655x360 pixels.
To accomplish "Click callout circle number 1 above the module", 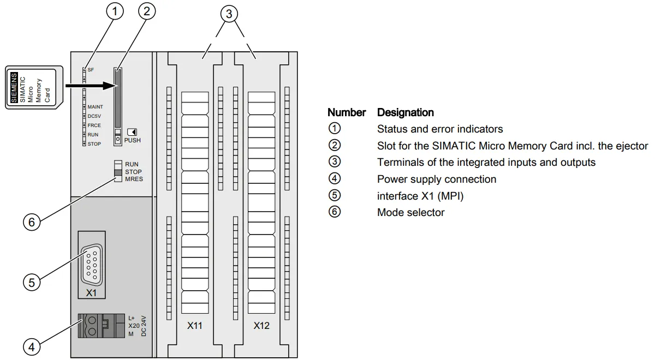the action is (x=115, y=11).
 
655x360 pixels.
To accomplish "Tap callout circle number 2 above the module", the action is (x=147, y=11).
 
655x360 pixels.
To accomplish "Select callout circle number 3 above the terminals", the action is (x=229, y=14).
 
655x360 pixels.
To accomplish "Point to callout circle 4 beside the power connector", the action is (x=32, y=347).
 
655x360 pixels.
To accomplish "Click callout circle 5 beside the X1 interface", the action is (x=32, y=283).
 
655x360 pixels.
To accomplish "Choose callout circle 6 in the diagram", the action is (x=32, y=223).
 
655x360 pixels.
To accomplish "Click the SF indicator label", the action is (x=91, y=70).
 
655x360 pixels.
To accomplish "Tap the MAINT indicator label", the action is (x=96, y=107).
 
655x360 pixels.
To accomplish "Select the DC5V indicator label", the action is (x=94, y=116).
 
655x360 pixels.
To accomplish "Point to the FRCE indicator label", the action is (x=94, y=125).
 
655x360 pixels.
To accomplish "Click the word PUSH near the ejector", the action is (x=133, y=140).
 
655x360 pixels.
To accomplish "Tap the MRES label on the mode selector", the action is (x=134, y=179).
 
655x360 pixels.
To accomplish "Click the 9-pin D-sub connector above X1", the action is (x=92, y=265).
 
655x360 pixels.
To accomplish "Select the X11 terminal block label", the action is (x=195, y=326).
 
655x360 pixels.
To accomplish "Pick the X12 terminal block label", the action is (x=261, y=326).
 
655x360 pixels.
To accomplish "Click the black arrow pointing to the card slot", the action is (x=92, y=86).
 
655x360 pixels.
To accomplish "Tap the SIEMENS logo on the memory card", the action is (x=14, y=88).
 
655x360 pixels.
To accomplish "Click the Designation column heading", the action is (x=405, y=112).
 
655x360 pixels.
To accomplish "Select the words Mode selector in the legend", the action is (x=411, y=212).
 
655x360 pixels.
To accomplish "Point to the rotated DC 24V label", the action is (x=144, y=326).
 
